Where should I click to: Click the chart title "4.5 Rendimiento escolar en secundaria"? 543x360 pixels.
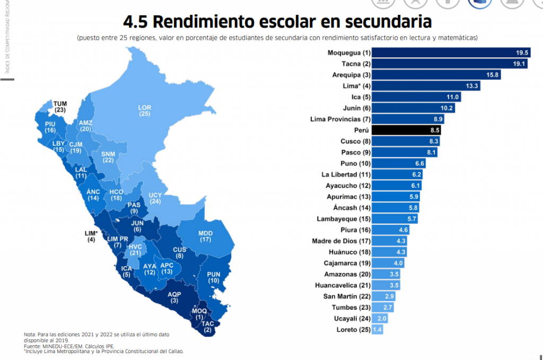pyautogui.click(x=277, y=22)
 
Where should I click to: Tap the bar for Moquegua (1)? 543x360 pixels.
pyautogui.click(x=451, y=53)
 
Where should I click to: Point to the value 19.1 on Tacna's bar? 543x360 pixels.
pyautogui.click(x=518, y=64)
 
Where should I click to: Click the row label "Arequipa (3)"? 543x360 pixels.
pyautogui.click(x=351, y=75)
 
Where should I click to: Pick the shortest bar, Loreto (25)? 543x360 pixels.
pyautogui.click(x=377, y=330)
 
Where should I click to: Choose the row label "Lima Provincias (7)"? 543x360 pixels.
pyautogui.click(x=339, y=119)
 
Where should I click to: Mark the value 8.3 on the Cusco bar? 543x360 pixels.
pyautogui.click(x=432, y=142)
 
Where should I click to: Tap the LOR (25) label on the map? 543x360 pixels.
pyautogui.click(x=145, y=110)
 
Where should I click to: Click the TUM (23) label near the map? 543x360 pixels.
pyautogui.click(x=60, y=107)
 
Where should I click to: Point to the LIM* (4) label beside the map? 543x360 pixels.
pyautogui.click(x=91, y=236)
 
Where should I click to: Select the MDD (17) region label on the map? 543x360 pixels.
pyautogui.click(x=206, y=236)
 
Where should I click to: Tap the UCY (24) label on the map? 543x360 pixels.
pyautogui.click(x=155, y=198)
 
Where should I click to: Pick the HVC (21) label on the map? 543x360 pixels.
pyautogui.click(x=135, y=250)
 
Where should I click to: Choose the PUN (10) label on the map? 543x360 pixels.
pyautogui.click(x=214, y=277)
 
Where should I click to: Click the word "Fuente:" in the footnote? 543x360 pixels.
pyautogui.click(x=33, y=346)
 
